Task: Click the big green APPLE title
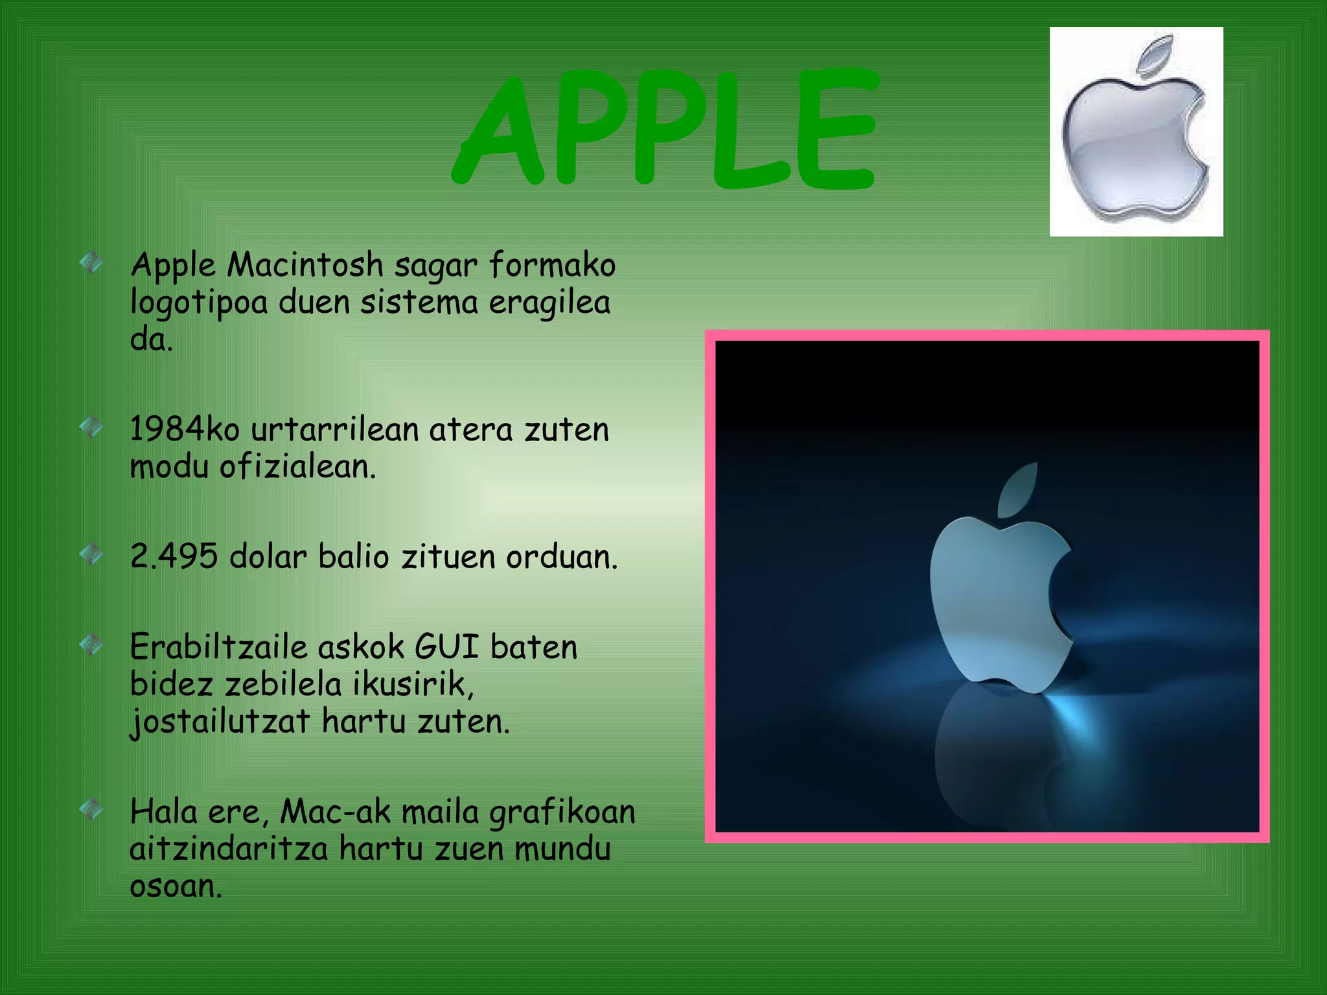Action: tap(665, 130)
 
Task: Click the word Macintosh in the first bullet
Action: tap(305, 265)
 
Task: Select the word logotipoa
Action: tap(199, 303)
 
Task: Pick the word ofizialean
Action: tap(297, 466)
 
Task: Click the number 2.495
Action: tap(174, 556)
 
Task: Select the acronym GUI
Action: tap(446, 646)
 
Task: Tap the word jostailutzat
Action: tap(220, 722)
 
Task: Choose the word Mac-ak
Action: tap(336, 812)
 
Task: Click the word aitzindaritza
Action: tap(229, 849)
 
